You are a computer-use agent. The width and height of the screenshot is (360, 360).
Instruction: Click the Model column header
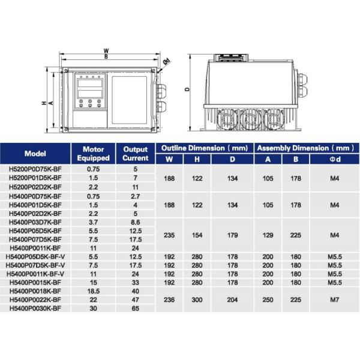coord(36,153)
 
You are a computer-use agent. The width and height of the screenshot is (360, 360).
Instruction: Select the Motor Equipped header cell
coord(94,153)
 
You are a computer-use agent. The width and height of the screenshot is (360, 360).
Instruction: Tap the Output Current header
coord(136,153)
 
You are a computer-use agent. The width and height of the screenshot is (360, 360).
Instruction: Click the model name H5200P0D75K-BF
coord(36,170)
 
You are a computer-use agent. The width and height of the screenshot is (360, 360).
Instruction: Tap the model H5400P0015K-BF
coord(36,282)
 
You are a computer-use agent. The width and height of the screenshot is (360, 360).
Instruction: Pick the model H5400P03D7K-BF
coord(36,221)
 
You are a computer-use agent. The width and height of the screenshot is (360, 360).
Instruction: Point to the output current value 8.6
coord(136,221)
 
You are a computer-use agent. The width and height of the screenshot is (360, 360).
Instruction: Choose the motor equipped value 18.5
coord(94,291)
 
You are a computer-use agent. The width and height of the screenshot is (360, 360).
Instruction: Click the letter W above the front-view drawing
coord(106,50)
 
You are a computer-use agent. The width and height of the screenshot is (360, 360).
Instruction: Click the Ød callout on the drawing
coord(167,60)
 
